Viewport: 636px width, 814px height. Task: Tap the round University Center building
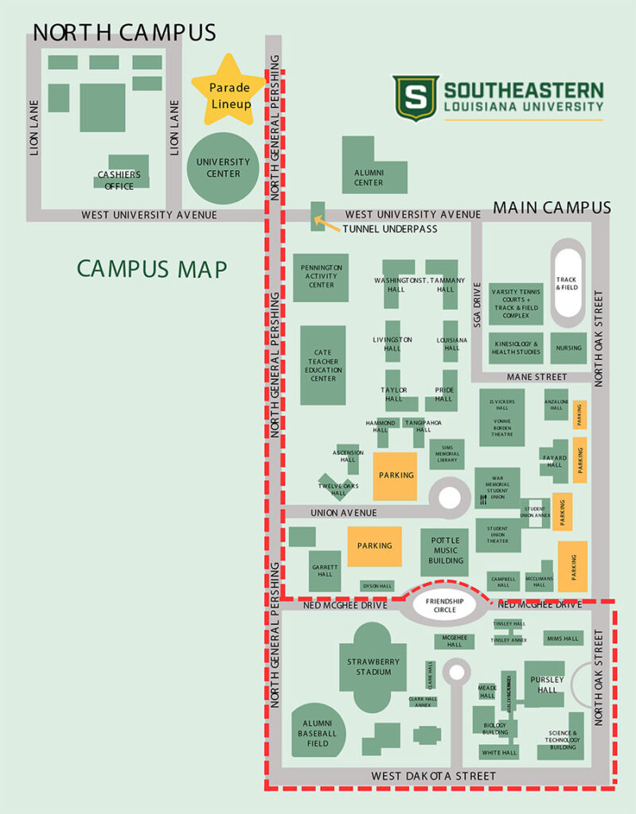click(x=223, y=167)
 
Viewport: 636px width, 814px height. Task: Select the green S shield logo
click(x=416, y=98)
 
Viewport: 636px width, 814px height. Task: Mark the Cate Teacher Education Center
click(x=323, y=365)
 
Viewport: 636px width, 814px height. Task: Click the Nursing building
click(x=568, y=347)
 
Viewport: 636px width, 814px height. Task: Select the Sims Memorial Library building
click(x=447, y=455)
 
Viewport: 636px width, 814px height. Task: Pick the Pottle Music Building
click(x=445, y=551)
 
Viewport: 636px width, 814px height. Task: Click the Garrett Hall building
click(x=325, y=570)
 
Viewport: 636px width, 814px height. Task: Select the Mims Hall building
click(x=564, y=638)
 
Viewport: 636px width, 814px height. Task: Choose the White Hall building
click(x=499, y=752)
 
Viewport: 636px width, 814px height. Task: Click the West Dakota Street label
click(x=434, y=776)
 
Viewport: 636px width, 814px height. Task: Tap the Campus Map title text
click(x=152, y=269)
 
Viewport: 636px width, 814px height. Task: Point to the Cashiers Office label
click(x=119, y=180)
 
